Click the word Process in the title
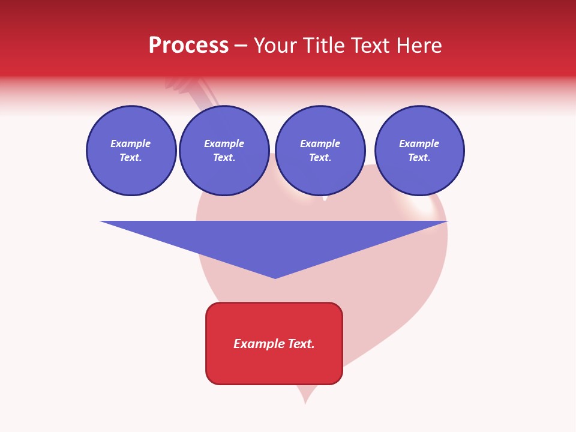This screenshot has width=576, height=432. coord(188,46)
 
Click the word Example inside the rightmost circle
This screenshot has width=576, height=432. coord(419,143)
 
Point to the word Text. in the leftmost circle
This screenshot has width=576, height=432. coord(131,158)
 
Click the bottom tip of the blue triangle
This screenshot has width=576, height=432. coord(275,277)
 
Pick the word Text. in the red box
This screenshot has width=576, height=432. coord(302,344)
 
